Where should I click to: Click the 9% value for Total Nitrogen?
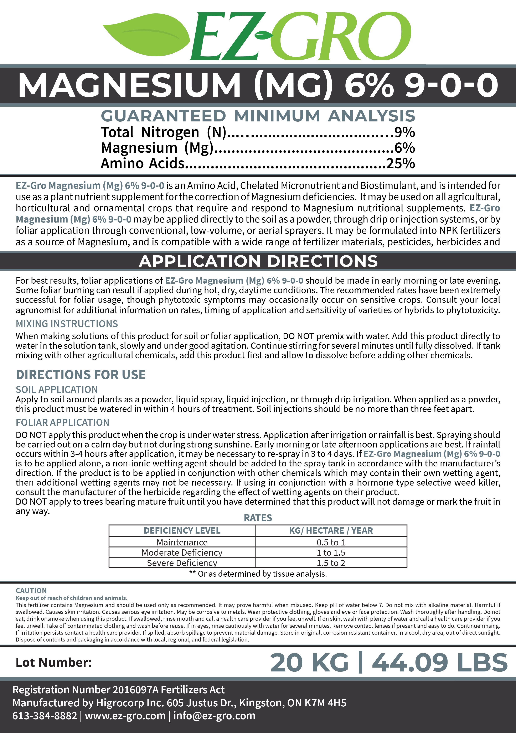(x=404, y=132)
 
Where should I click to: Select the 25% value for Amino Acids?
(x=401, y=163)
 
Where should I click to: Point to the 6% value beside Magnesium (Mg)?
(x=404, y=148)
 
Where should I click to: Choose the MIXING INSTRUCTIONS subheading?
(x=67, y=324)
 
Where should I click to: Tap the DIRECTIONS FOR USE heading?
(x=81, y=375)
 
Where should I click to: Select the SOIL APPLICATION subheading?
(x=57, y=389)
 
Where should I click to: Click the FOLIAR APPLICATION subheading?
(x=63, y=422)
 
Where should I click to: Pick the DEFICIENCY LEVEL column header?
(x=182, y=531)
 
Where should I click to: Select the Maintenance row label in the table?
(x=182, y=542)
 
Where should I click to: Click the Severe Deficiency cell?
(x=182, y=563)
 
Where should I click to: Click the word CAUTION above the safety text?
(x=31, y=591)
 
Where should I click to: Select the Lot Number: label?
(x=54, y=663)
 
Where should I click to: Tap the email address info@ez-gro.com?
(x=214, y=716)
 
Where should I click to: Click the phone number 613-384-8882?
(x=45, y=716)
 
